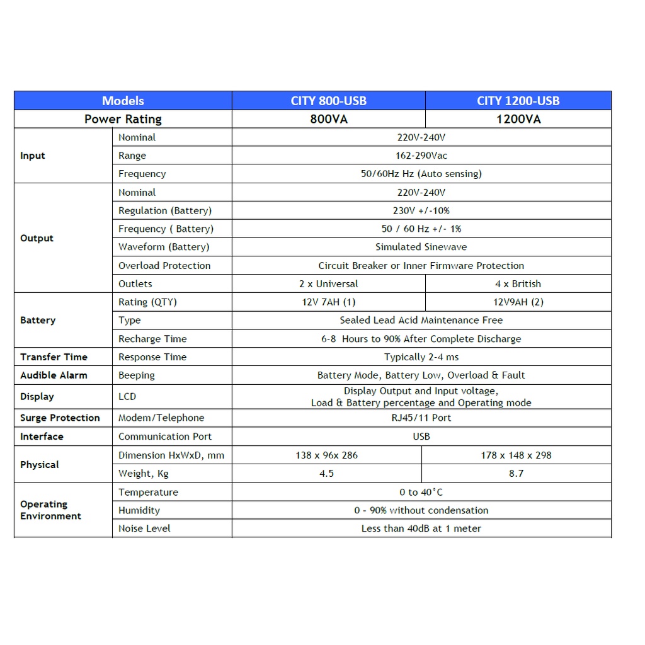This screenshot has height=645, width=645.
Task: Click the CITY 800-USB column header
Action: tap(328, 101)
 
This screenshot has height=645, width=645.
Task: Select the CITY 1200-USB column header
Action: tap(518, 101)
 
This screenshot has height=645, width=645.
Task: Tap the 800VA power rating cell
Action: tap(328, 119)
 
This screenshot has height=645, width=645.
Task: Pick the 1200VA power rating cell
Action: tap(518, 119)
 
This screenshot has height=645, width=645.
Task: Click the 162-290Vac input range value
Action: tap(421, 156)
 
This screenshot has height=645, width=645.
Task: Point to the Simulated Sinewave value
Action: tap(421, 247)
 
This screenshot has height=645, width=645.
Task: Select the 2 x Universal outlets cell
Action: tap(328, 284)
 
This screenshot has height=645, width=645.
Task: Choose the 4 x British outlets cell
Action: tap(518, 284)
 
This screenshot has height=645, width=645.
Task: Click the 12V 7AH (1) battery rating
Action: tap(328, 302)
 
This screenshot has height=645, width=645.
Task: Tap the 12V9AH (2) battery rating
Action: tap(518, 302)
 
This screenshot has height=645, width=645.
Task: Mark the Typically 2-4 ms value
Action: tap(421, 357)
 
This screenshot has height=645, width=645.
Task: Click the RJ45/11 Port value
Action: tap(421, 418)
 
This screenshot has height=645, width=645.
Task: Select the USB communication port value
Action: tap(421, 437)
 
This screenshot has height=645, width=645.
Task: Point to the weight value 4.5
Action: tap(326, 474)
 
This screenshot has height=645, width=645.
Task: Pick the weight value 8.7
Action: tap(516, 474)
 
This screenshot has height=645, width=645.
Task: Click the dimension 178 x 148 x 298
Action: tap(516, 455)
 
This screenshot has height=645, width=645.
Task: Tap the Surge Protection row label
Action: tap(60, 418)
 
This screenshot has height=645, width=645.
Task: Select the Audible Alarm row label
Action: tap(54, 375)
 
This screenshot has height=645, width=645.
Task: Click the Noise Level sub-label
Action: tap(144, 528)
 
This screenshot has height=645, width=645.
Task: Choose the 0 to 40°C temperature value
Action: tap(421, 493)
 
